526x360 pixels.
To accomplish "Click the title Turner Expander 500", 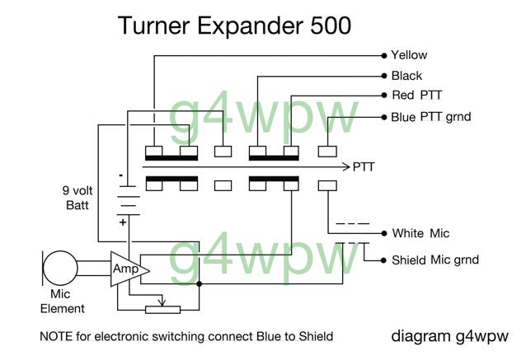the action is point(234,26).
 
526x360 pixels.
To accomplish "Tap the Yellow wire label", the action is point(409,55).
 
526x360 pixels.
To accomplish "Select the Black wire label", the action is point(406,76).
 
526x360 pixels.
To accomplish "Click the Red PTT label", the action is point(417,96).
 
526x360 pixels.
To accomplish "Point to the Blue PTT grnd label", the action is point(431,117).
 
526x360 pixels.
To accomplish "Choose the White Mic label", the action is point(420,233).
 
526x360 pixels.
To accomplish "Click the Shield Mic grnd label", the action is point(435,260).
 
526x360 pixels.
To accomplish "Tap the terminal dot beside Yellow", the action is point(384,56).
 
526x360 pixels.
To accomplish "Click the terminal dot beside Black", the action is point(384,76).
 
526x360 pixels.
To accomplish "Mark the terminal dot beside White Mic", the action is point(384,233).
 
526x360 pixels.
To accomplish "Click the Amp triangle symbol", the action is point(129,269).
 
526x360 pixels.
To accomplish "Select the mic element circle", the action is point(60,269).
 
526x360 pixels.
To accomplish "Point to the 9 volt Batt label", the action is point(77,198).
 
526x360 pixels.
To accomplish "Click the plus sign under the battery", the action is point(123,222).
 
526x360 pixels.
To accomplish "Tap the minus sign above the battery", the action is point(121,175).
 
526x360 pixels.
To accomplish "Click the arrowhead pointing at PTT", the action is point(346,166).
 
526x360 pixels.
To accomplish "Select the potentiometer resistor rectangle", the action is point(162,310).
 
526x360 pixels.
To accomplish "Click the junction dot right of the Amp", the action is point(200,284).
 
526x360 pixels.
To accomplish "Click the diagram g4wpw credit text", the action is point(449,336).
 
